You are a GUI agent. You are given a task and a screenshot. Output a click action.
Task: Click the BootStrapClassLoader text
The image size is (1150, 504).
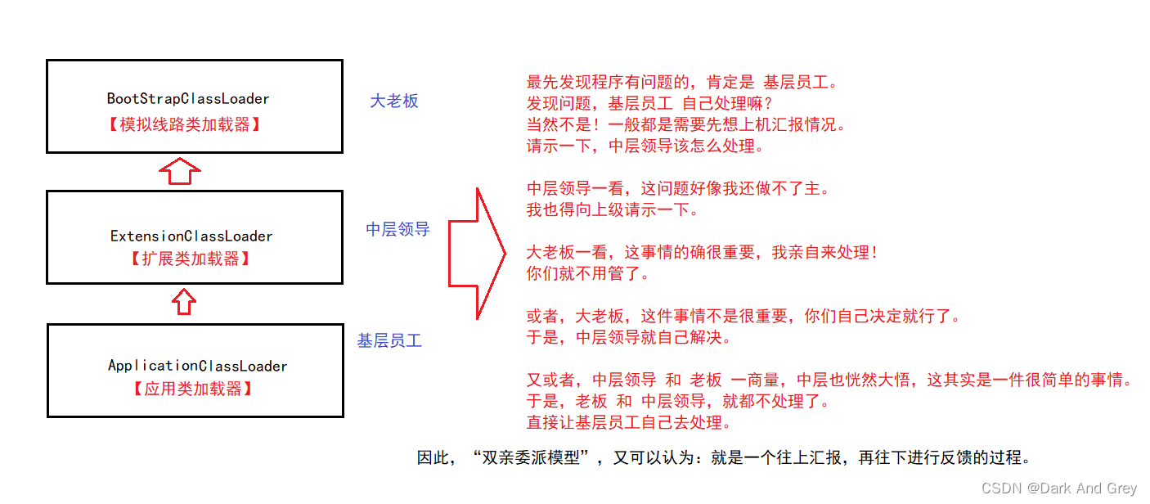tap(188, 98)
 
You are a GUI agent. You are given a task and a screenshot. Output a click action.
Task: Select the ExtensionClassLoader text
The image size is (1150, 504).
tap(191, 236)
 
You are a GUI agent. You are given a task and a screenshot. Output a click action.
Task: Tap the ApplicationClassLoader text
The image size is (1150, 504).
tap(197, 366)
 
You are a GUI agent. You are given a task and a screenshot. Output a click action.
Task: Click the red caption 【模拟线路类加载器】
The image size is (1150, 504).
tap(184, 124)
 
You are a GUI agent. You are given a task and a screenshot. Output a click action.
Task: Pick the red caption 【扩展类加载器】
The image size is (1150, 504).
tap(191, 259)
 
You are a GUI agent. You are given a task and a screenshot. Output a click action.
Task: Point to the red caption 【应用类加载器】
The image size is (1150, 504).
tap(193, 389)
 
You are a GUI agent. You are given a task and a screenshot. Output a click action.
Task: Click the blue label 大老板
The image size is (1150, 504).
tap(394, 101)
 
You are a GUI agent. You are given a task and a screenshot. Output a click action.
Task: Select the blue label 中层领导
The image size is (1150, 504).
tap(398, 229)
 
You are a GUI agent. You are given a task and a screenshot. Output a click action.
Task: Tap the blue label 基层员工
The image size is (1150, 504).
tap(389, 340)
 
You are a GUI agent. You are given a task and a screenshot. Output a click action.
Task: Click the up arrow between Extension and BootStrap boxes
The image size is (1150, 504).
tap(180, 171)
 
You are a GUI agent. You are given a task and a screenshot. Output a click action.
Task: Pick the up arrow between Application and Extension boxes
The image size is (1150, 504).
tap(184, 302)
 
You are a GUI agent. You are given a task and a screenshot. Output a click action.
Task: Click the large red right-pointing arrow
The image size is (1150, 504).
tap(476, 254)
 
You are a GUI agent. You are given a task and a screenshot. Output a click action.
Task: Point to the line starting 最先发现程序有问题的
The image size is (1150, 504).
tap(683, 82)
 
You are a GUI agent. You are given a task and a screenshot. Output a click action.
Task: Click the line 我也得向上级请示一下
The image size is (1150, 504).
tap(613, 209)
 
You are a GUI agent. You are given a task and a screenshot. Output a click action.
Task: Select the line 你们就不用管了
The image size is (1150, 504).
tap(588, 273)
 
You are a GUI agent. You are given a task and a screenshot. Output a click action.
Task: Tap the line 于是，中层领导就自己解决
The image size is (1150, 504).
tap(629, 337)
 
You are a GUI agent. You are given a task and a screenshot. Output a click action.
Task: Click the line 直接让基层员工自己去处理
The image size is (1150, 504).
tap(629, 422)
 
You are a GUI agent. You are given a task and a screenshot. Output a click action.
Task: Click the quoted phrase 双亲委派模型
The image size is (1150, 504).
tap(531, 457)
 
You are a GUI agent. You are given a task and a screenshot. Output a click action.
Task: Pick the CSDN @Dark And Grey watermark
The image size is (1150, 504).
tap(1059, 488)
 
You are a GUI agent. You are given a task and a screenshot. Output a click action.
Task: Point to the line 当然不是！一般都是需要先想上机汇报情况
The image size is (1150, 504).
tap(686, 124)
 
